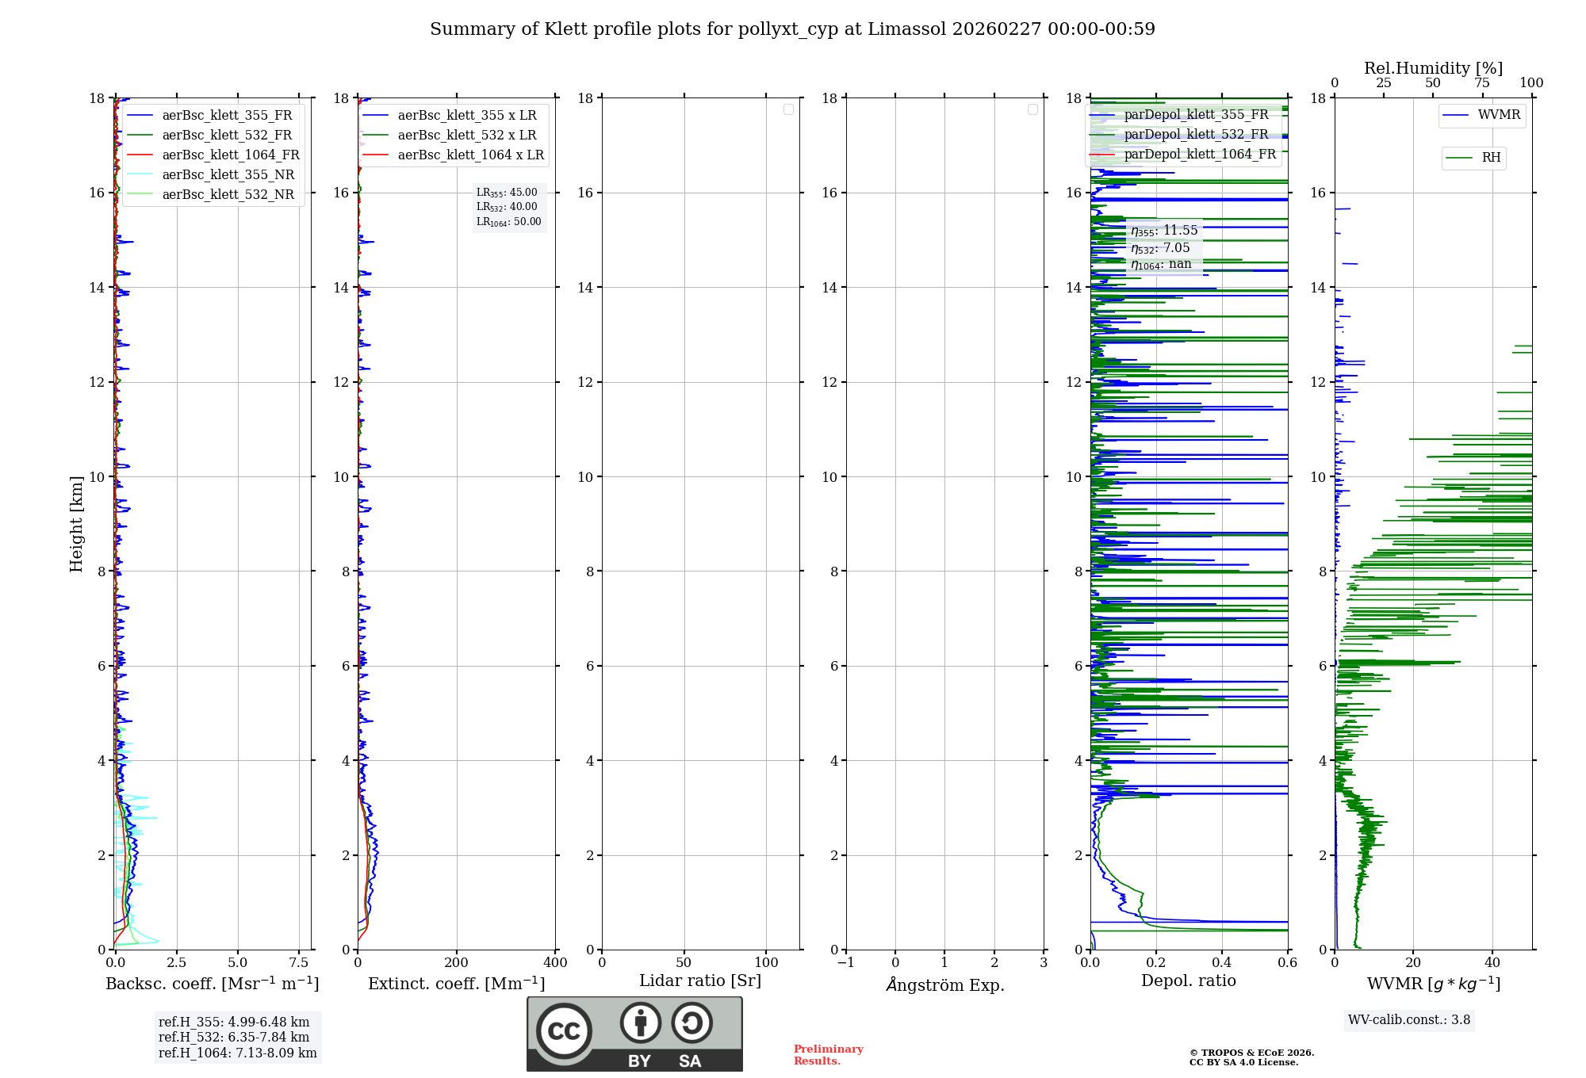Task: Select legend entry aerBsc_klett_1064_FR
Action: coord(230,155)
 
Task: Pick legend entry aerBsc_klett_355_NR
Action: coord(228,175)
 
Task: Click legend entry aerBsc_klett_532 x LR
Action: coord(466,136)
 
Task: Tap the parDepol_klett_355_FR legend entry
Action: coord(1195,115)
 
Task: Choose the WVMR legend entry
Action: coord(1498,115)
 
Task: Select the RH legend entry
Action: coord(1490,158)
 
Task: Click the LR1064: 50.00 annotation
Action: coord(508,222)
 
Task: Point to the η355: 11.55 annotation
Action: coord(1164,231)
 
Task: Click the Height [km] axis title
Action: coord(76,523)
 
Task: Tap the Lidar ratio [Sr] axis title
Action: coord(699,981)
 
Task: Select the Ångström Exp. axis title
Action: coord(944,984)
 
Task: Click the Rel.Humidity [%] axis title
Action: coord(1433,68)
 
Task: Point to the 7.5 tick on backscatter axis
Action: coord(298,963)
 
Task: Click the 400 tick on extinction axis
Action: coord(555,963)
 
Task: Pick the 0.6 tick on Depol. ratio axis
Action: coord(1287,963)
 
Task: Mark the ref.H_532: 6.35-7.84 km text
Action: coord(234,1038)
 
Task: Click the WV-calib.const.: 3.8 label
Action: coord(1409,1020)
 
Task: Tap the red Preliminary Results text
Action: coord(828,1055)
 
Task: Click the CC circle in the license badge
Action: coord(564,1031)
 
